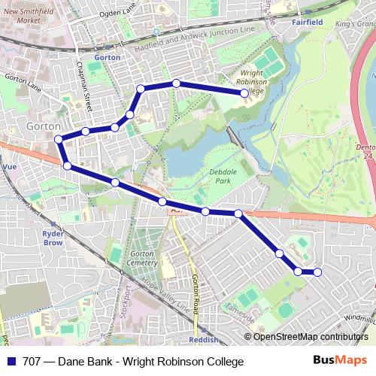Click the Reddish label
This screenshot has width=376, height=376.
pyautogui.click(x=204, y=339)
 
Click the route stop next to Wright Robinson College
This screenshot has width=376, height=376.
pyautogui.click(x=244, y=92)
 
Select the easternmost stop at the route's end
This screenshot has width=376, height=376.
pyautogui.click(x=317, y=272)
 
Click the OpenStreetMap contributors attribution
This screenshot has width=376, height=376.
pyautogui.click(x=311, y=336)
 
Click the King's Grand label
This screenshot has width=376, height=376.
pyautogui.click(x=353, y=25)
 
